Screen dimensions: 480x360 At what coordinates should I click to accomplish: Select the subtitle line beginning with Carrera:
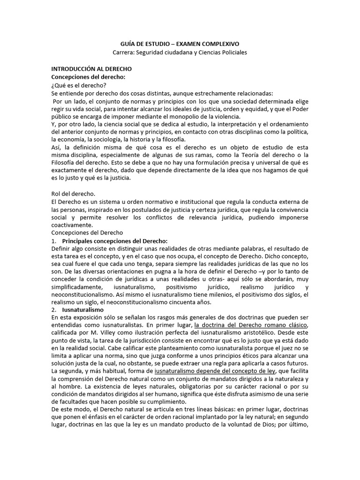[x=180, y=52]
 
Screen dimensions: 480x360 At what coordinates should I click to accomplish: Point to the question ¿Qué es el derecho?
[x=78, y=85]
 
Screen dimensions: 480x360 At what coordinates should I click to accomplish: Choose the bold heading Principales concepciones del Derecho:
[x=115, y=240]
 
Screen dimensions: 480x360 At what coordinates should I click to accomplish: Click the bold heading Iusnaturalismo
[x=83, y=310]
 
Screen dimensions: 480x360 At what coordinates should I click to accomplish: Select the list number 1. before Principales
[x=53, y=240]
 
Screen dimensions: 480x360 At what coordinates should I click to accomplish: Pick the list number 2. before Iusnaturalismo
[x=53, y=310]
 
